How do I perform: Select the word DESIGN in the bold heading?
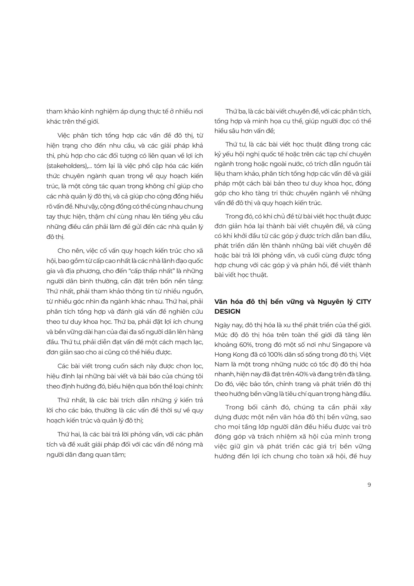tap(227, 311)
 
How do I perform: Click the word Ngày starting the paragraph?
tap(222, 325)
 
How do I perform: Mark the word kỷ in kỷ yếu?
tap(218, 154)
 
